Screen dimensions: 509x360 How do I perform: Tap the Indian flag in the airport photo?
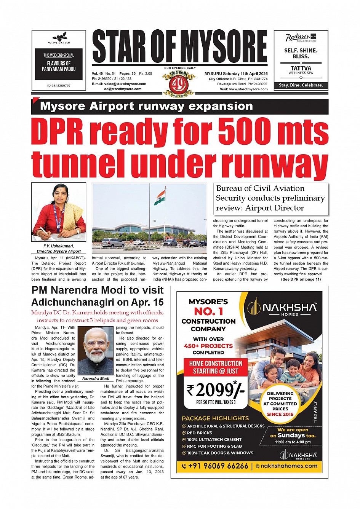(x=160, y=198)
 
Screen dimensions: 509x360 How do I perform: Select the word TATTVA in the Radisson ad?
(x=301, y=68)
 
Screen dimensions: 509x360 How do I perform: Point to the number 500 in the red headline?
(x=245, y=132)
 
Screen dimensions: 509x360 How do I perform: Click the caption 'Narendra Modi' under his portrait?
(x=96, y=378)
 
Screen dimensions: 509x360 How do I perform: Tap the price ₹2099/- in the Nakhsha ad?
(x=215, y=390)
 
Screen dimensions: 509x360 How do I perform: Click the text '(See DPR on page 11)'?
(x=301, y=279)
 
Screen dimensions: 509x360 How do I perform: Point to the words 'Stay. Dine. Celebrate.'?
(x=301, y=85)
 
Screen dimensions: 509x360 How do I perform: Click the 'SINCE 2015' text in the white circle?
(x=280, y=414)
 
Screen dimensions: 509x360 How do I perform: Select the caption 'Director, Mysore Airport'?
(x=59, y=251)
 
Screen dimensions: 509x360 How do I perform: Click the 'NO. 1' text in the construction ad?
(x=208, y=311)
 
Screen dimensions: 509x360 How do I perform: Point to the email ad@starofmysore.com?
(x=123, y=89)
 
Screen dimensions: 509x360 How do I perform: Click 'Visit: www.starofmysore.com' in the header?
(x=243, y=89)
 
